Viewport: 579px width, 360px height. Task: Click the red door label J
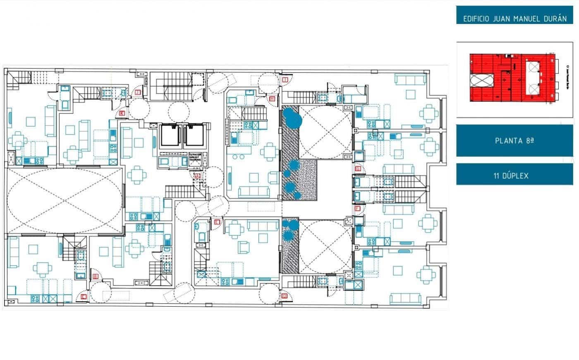click(x=138, y=93)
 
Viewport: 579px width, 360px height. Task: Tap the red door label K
click(x=122, y=113)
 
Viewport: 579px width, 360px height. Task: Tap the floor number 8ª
click(x=530, y=141)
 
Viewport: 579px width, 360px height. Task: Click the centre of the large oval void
click(x=65, y=201)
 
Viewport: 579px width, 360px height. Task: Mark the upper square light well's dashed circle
click(x=325, y=132)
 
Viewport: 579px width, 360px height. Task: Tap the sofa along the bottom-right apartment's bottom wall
click(x=405, y=298)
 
